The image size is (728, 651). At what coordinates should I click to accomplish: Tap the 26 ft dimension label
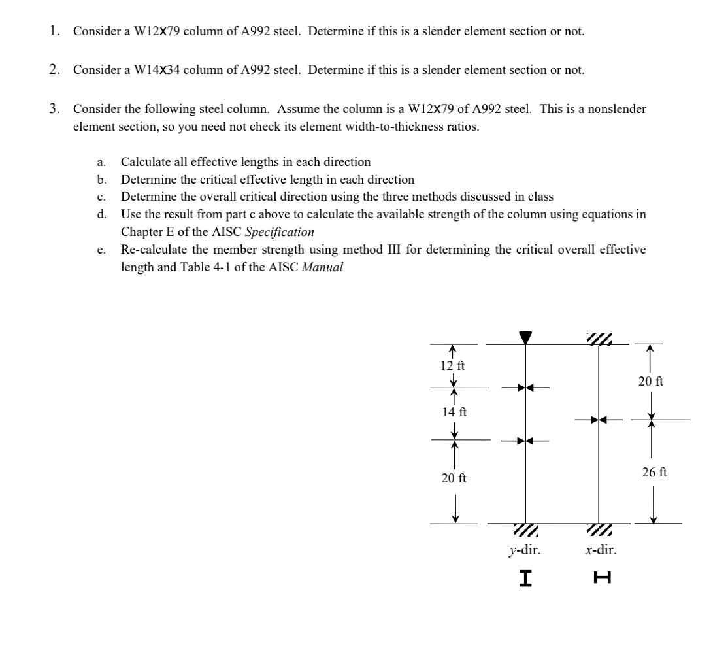coord(654,472)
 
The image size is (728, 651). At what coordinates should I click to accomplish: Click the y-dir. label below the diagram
coord(525,550)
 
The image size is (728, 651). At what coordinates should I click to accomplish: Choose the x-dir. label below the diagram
coord(600,550)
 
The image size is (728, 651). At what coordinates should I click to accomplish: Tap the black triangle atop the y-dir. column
coord(525,337)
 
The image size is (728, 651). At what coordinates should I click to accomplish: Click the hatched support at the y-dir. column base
coord(525,529)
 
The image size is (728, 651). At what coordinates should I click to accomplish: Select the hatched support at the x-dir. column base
coord(599,529)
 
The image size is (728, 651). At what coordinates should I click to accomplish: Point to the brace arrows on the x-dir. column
coord(599,420)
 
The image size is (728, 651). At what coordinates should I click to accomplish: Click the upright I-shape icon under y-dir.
coord(524,577)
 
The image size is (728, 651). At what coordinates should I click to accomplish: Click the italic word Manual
coord(322,267)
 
